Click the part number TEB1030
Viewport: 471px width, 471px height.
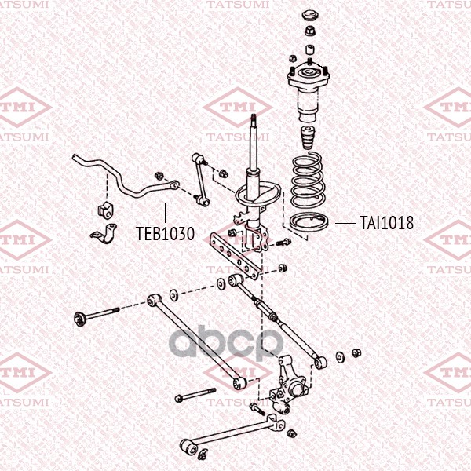coord(165,233)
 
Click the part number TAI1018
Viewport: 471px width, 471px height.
coord(386,223)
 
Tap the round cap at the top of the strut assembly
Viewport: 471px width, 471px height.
coord(309,16)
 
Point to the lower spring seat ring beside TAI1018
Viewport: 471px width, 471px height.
coord(309,222)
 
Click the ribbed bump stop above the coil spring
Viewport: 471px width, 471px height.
coord(307,137)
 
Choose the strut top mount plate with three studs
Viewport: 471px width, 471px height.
coord(309,75)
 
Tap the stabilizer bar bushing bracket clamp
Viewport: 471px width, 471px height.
coord(104,233)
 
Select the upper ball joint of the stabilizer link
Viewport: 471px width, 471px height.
coord(197,158)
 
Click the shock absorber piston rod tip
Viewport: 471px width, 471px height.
coord(254,117)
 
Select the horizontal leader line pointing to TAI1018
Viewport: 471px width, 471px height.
coord(345,223)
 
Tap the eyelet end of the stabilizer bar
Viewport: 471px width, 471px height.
coord(174,184)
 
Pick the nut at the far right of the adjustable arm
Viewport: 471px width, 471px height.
coord(356,352)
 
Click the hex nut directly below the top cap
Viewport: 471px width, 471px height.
coord(309,31)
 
